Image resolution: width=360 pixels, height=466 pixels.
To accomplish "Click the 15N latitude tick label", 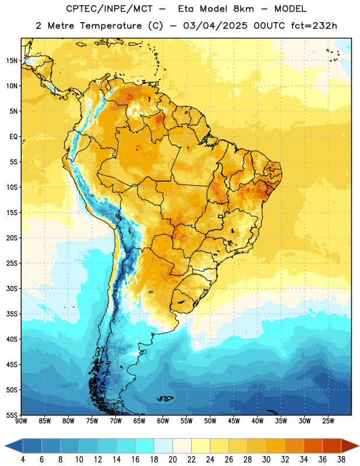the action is pos(12,61).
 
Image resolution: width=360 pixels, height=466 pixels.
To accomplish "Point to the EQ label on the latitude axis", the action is pos(13,137).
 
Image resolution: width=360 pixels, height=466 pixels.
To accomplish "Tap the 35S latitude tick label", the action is pos(12,314).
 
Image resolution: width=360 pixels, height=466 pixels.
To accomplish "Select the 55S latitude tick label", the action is pos(12,415).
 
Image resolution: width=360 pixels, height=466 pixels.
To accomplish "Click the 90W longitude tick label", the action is pos(21,421).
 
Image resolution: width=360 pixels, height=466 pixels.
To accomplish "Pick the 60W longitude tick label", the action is pos(163,421).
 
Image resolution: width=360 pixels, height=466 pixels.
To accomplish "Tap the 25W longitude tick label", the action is pos(328,421).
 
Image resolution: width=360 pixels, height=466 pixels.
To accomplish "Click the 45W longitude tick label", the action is pos(234,421).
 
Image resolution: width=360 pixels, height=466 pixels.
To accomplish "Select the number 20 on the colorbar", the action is pos(172,460).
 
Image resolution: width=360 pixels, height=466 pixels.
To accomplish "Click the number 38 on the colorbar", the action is pos(341,460).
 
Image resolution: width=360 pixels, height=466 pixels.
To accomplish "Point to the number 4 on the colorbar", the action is pos(23,460).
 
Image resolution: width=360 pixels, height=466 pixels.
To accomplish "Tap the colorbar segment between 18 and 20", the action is pos(163,446).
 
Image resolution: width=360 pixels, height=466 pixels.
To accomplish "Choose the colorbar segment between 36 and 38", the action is pos(332,446).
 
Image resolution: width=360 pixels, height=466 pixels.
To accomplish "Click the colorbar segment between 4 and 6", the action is pos(32,446).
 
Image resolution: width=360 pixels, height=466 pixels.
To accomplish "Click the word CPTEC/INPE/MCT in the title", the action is pos(109,9).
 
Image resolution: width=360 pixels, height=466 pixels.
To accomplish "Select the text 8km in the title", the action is pos(243,9).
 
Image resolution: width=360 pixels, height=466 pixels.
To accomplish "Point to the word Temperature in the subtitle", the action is pos(111,26).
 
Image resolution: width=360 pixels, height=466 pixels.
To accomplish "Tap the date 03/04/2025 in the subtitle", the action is pos(215,26).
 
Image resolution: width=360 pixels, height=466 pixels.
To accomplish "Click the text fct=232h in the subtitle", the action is pos(314,26).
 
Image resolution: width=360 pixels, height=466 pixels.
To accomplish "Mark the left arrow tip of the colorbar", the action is pos(5,446).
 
